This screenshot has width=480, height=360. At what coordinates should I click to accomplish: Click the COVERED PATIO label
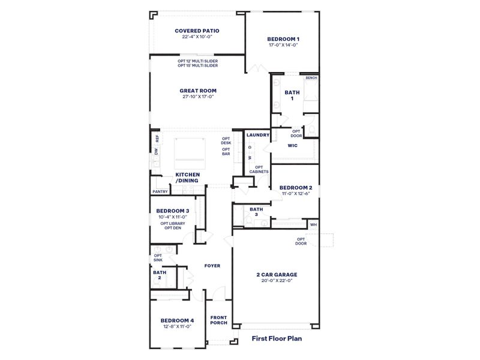(197, 31)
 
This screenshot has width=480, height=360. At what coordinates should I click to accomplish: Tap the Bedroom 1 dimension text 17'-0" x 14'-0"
(283, 45)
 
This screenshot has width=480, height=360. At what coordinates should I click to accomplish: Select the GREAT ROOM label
(198, 91)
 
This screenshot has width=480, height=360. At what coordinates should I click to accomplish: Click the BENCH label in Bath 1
(311, 78)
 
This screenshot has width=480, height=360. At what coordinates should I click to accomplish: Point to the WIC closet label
(293, 145)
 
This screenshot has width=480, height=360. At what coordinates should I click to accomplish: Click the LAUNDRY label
(258, 135)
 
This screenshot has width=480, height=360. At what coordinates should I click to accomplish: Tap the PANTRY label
(160, 191)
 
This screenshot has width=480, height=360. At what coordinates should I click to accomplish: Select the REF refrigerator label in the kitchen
(157, 137)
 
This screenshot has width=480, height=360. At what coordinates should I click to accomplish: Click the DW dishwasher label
(156, 151)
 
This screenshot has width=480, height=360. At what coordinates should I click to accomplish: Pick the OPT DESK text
(226, 140)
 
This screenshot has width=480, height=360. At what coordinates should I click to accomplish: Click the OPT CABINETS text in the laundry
(259, 169)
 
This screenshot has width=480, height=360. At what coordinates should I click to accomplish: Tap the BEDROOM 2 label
(295, 187)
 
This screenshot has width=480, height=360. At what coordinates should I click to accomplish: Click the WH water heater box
(313, 224)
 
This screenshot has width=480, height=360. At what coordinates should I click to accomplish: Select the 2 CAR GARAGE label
(276, 275)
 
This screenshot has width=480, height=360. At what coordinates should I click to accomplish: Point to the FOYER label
(212, 265)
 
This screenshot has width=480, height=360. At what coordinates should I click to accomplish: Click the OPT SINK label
(158, 257)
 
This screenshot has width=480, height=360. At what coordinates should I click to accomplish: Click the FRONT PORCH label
(219, 321)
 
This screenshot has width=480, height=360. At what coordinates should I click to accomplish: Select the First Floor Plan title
(276, 338)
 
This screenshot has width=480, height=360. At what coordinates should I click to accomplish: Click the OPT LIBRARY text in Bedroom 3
(173, 223)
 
